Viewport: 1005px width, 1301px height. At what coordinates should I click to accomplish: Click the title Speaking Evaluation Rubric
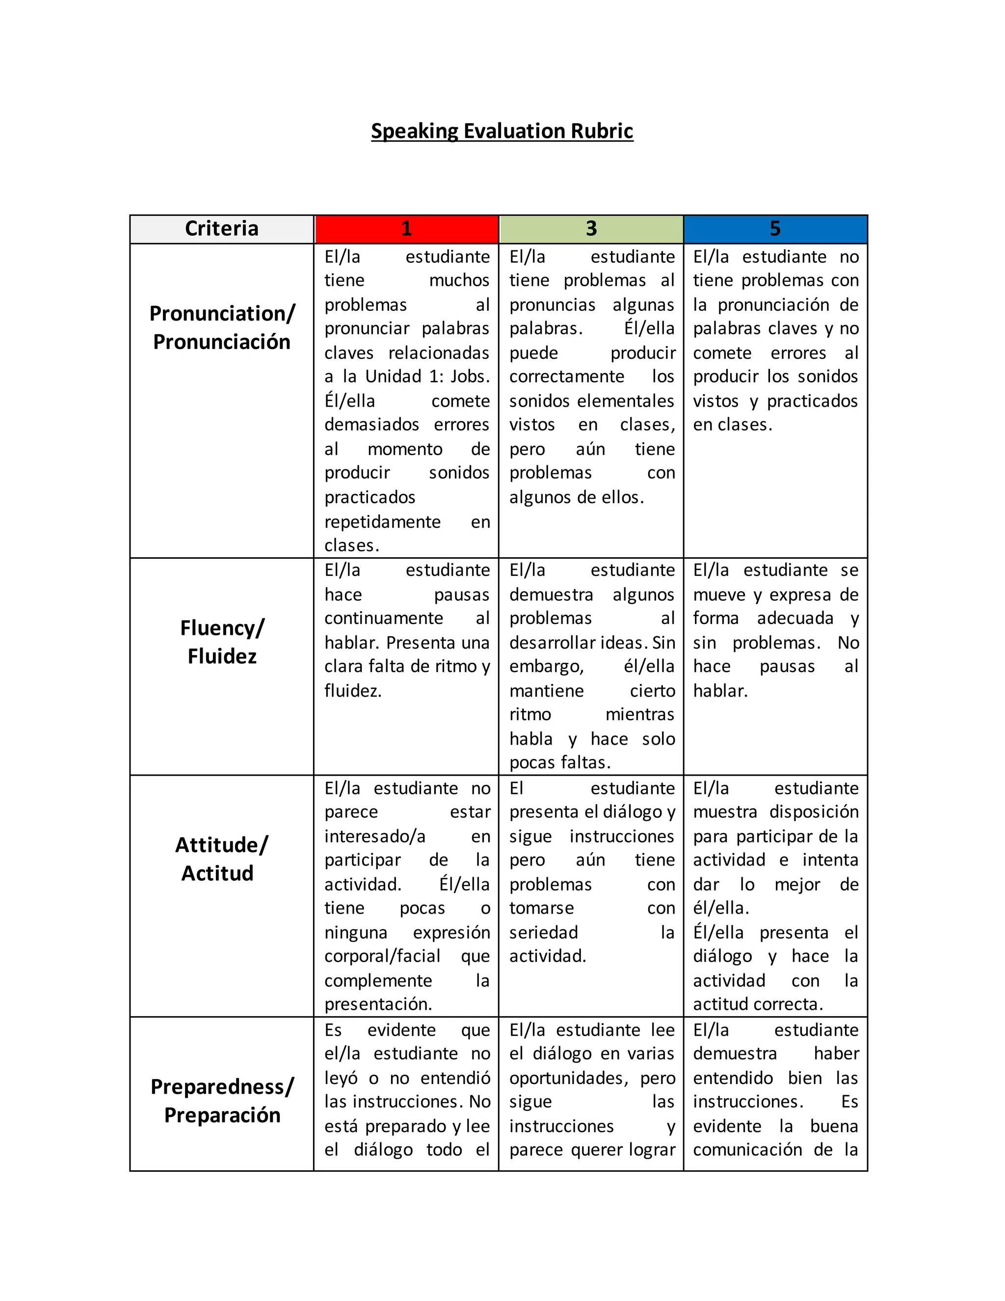(502, 131)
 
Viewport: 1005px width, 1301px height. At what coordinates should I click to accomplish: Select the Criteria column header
(221, 229)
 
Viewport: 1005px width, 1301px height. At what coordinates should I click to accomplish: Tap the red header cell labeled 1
(406, 229)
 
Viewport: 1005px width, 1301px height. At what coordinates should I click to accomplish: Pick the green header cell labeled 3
(591, 229)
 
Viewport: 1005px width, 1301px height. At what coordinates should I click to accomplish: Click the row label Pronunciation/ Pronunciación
(221, 327)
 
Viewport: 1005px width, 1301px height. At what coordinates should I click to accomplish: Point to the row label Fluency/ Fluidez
(221, 642)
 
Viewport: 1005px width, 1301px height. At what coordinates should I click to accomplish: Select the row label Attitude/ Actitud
(221, 859)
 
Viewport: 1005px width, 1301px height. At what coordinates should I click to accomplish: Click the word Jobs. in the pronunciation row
(470, 377)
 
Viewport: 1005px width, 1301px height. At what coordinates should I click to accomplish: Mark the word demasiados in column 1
(371, 425)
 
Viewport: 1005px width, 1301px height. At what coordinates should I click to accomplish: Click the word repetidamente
(382, 522)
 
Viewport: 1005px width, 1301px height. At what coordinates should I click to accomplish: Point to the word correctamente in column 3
(566, 377)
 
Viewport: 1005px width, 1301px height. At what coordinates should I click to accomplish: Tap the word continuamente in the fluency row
(383, 618)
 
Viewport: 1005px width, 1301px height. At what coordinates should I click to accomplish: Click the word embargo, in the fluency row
(546, 667)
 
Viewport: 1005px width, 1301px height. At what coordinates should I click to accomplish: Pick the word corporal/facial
(382, 956)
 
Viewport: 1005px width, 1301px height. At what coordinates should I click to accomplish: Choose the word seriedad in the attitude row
(543, 932)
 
